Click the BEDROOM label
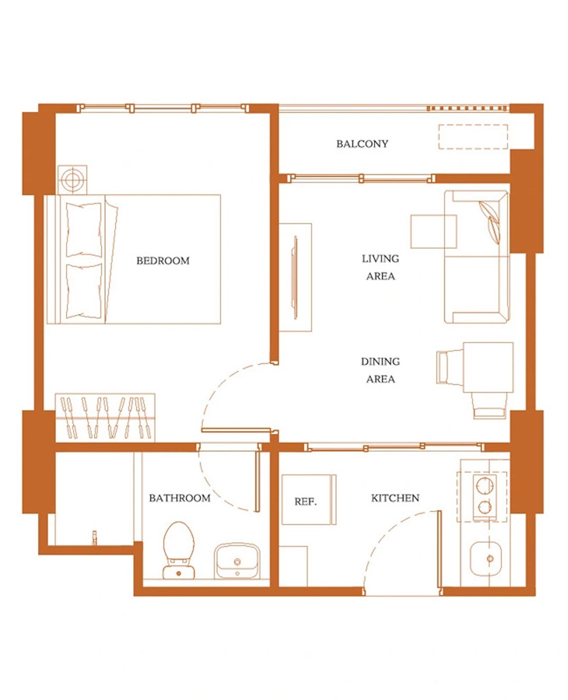tap(163, 261)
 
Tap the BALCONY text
tap(362, 144)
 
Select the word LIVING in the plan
tap(381, 259)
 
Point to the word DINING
tap(381, 362)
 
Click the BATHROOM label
tap(179, 498)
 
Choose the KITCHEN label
tap(395, 498)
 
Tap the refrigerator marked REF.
tap(309, 499)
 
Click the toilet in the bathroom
tap(179, 550)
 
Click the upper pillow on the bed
tap(84, 230)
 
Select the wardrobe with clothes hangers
tap(105, 418)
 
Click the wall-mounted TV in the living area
tap(295, 277)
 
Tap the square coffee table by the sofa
tap(433, 231)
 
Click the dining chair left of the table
tap(450, 367)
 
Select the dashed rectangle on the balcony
tap(473, 137)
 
